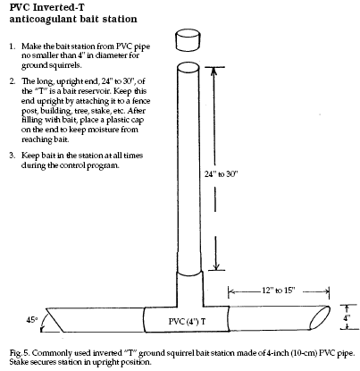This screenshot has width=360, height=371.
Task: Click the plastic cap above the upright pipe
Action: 188,40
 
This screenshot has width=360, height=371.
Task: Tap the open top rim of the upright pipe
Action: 188,67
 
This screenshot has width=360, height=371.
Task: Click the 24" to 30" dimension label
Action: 221,174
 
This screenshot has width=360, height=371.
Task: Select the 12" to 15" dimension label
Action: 279,291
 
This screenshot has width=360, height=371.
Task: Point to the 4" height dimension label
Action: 347,317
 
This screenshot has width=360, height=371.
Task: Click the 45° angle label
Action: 32,320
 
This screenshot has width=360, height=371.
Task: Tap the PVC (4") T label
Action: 187,322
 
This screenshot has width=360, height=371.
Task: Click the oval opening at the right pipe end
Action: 320,317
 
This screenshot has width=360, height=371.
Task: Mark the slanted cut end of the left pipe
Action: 54,320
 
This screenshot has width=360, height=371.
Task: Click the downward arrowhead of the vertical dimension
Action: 216,266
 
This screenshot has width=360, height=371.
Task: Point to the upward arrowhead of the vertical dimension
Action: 213,71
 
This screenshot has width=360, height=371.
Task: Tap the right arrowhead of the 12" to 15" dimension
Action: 325,292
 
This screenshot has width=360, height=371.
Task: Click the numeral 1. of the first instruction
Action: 12,46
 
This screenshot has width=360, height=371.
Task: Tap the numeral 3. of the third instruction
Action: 12,156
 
